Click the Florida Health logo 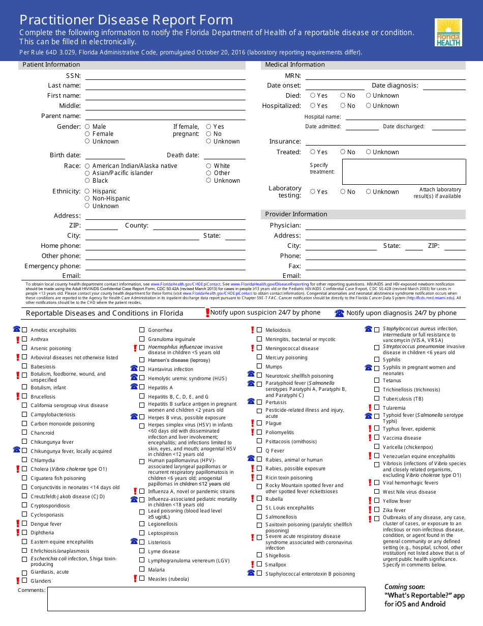click(448, 33)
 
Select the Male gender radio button click(87, 127)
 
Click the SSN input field click(165, 75)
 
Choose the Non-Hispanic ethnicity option click(87, 198)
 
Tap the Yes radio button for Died click(313, 96)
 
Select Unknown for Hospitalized click(368, 106)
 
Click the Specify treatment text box click(404, 172)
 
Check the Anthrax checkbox click(24, 339)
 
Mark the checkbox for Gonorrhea click(142, 330)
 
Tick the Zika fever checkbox click(376, 510)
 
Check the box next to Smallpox click(259, 564)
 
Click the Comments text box click(206, 599)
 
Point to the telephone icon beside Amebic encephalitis click(16, 329)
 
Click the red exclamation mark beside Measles click(135, 579)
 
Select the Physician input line click(385, 225)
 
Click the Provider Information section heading click(296, 214)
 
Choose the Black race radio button click(87, 181)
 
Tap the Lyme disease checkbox click(142, 551)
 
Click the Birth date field click(105, 155)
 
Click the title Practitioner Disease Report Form click(126, 20)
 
